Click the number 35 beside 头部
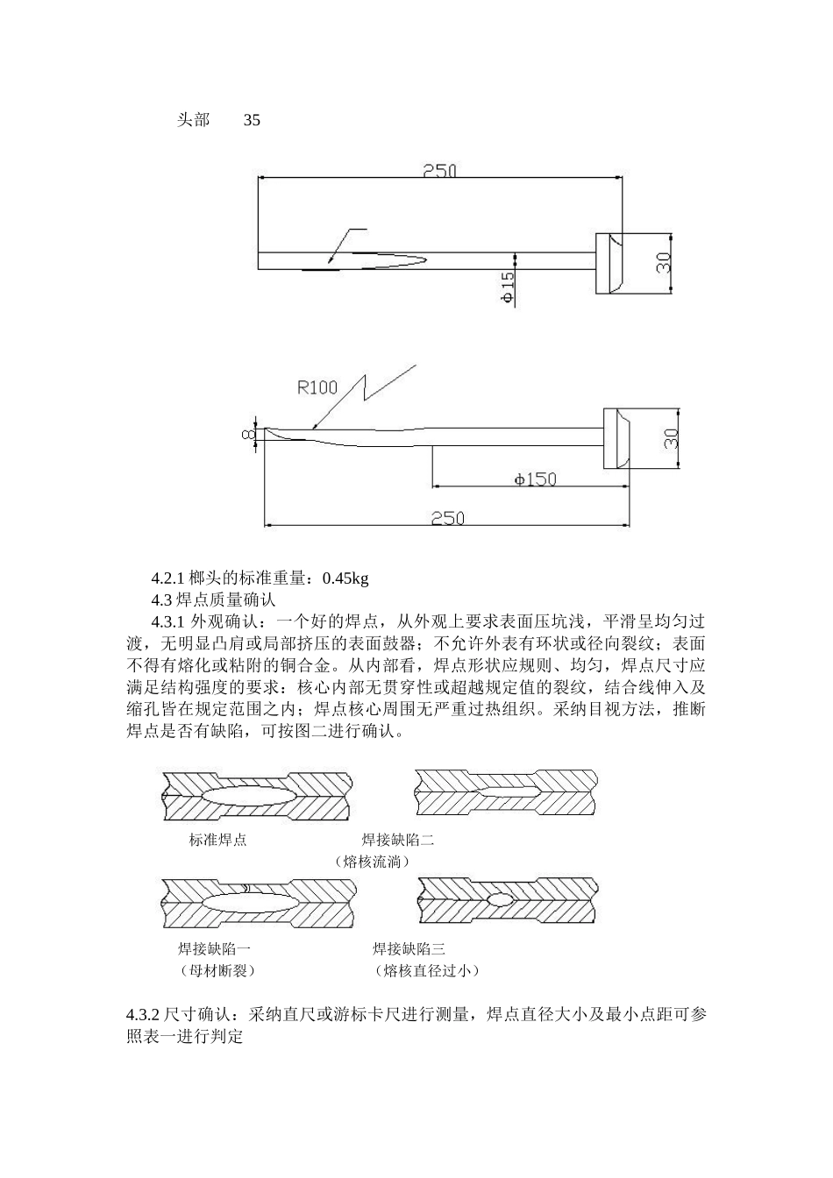click(252, 120)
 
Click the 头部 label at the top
click(193, 120)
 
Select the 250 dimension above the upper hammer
click(439, 171)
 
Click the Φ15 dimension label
click(508, 287)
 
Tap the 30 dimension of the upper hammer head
click(664, 262)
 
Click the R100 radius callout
click(317, 387)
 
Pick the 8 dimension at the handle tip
click(248, 434)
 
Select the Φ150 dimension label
click(535, 479)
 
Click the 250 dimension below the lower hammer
click(447, 518)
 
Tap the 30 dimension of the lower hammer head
click(672, 437)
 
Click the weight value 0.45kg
click(345, 578)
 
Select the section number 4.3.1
click(169, 621)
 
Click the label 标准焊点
click(217, 840)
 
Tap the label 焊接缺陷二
click(398, 840)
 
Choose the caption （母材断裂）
click(216, 970)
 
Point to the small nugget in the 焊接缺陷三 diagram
click(499, 899)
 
